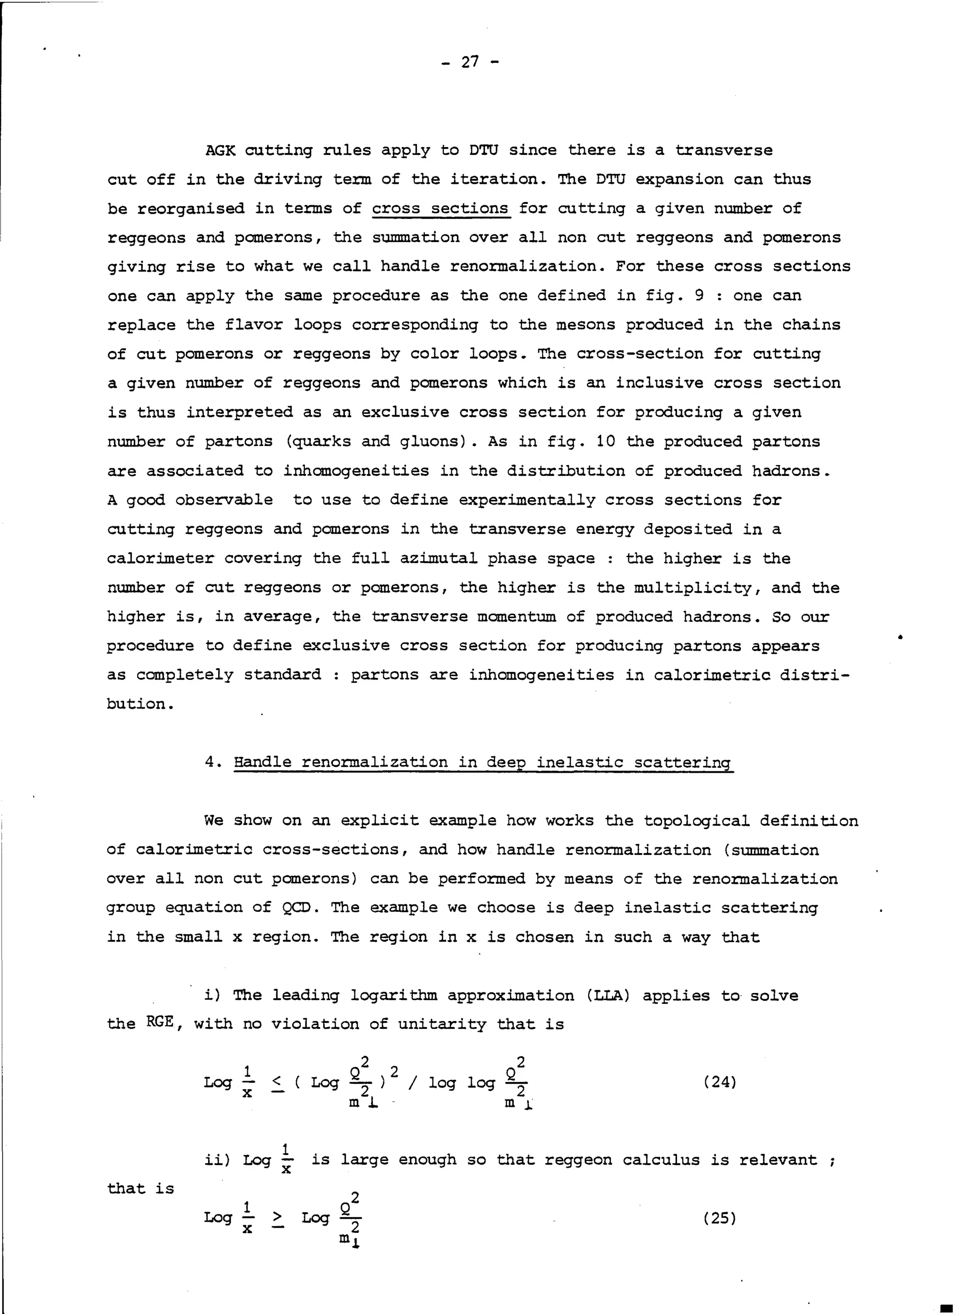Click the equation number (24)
[x=720, y=1082]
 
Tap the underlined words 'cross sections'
[x=440, y=208]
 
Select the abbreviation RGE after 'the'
[x=160, y=1022]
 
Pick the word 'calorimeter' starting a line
[x=160, y=558]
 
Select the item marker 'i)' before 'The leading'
[x=212, y=995]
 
